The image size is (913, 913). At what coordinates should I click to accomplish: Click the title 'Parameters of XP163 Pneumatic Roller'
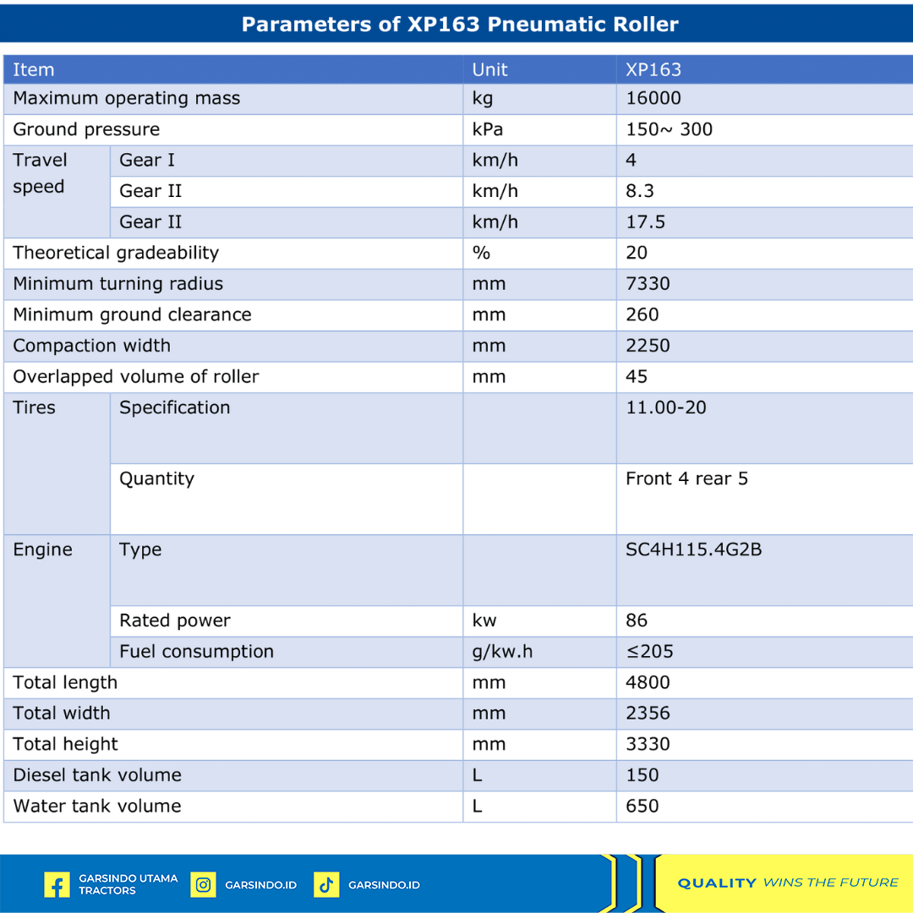[460, 24]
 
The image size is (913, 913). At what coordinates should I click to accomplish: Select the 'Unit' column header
[490, 69]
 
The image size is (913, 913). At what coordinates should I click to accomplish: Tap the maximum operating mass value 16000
[653, 98]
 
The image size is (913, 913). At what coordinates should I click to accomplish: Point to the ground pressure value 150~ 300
[669, 129]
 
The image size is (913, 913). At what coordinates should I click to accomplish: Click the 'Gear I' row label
[147, 160]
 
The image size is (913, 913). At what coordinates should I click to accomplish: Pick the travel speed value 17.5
[645, 221]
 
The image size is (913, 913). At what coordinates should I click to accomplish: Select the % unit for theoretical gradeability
[481, 253]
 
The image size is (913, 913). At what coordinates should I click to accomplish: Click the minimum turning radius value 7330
[648, 283]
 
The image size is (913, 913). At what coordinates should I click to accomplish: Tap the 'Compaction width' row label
[91, 346]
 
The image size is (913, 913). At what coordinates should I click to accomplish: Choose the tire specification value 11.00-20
[666, 407]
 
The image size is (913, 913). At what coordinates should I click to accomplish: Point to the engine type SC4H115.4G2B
[693, 549]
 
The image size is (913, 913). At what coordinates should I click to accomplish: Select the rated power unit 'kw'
[484, 621]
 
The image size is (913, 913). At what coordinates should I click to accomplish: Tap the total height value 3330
[648, 744]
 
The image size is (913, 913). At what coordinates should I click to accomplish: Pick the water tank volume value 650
[642, 806]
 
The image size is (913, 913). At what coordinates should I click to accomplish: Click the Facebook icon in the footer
[57, 885]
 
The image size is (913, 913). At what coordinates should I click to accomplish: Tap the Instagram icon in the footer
[203, 885]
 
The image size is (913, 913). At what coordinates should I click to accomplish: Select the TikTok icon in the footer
[326, 885]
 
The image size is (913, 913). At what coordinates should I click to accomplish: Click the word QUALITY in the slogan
[717, 883]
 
